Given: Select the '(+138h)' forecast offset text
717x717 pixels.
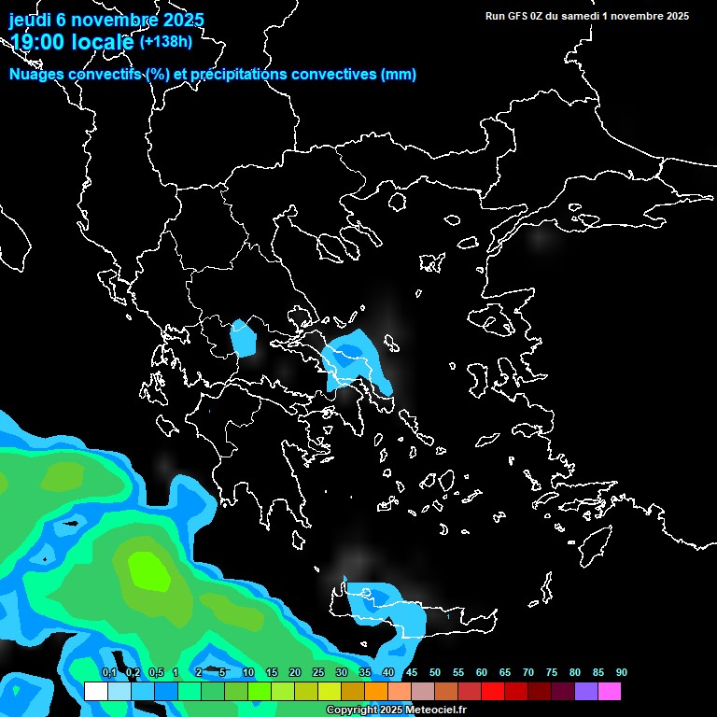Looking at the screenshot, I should point(164,41).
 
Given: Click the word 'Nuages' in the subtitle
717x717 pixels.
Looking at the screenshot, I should point(38,75).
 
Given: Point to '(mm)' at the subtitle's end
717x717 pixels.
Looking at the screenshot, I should point(399,75).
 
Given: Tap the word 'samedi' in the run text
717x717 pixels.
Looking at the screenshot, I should point(583,16).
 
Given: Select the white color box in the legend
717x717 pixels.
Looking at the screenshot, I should point(95,692).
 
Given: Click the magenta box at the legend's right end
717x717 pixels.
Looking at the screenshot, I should point(609,692).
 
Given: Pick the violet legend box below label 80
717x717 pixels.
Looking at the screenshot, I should point(585,692).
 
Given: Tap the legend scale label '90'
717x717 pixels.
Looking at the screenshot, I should point(621,673).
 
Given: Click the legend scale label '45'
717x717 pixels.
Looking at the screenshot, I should point(411,673).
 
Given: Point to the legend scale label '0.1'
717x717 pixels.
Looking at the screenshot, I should point(108,673).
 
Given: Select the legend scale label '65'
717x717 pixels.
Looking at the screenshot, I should point(504,673).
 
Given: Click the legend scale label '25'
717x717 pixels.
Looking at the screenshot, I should point(317,673).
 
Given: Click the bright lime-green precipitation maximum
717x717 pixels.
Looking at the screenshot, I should point(148,569).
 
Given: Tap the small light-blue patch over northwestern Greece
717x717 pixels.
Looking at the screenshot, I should point(245,338).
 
